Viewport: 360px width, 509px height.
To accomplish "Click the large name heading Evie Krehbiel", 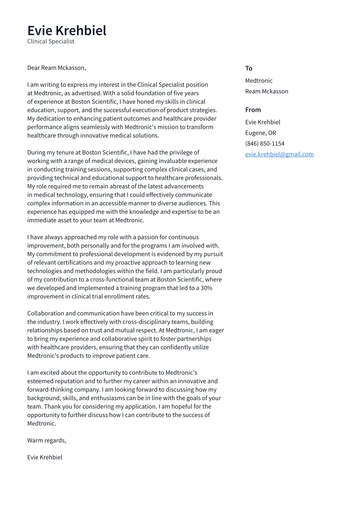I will [x=67, y=31].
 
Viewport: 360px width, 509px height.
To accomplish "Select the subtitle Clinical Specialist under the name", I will [x=51, y=41].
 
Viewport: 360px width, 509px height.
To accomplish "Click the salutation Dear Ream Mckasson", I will [x=56, y=68].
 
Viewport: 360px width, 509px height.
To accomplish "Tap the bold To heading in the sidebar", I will [x=248, y=68].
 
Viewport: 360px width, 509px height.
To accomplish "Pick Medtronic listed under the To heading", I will [x=258, y=81].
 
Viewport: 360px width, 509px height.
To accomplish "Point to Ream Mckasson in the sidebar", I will [x=266, y=92].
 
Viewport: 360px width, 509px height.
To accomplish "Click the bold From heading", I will [x=253, y=110].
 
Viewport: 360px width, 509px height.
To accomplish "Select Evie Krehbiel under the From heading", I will [x=262, y=122].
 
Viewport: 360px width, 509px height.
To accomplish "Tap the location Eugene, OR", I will [x=260, y=133].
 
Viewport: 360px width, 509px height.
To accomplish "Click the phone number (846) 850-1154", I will [x=264, y=144].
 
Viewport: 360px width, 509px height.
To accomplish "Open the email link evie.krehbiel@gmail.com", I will [x=279, y=154].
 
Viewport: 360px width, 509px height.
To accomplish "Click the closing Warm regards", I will [x=47, y=440].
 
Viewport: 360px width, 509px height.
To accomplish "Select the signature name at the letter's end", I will [x=45, y=457].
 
